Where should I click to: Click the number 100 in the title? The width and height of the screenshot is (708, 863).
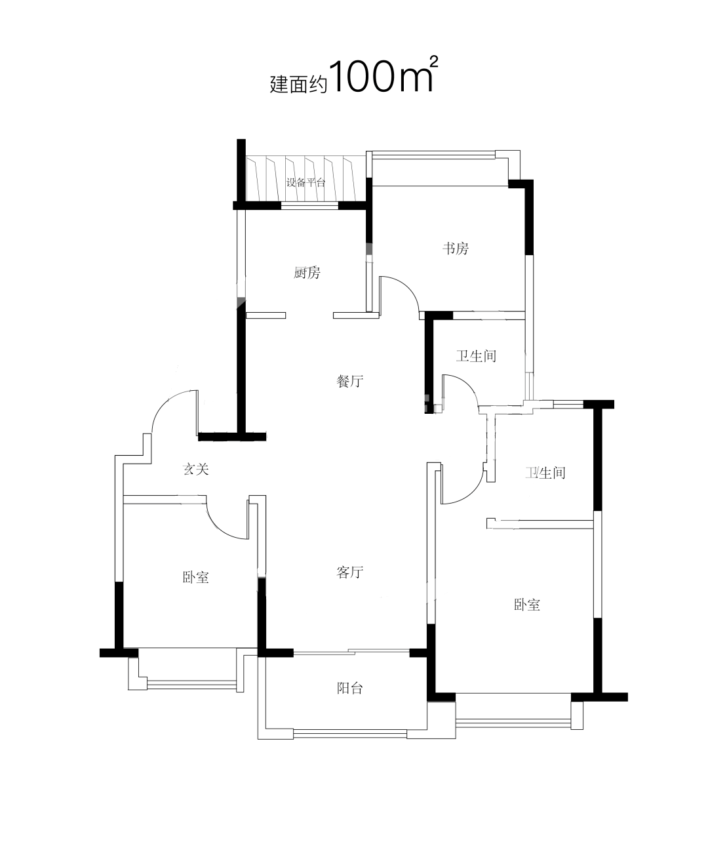(362, 77)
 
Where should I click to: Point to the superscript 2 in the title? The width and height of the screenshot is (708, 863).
(434, 62)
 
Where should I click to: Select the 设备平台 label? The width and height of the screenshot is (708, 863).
(305, 182)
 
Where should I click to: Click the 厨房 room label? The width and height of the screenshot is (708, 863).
(307, 273)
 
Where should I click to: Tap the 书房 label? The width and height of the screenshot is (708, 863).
(456, 249)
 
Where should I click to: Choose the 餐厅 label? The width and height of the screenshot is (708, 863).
(349, 381)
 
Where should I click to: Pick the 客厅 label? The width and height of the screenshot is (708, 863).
(349, 572)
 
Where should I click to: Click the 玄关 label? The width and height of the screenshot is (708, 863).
(195, 469)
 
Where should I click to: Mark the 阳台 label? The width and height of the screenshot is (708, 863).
(349, 689)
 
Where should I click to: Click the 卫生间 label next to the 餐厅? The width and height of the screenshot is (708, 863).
(476, 356)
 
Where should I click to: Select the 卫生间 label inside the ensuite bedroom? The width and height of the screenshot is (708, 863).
(545, 473)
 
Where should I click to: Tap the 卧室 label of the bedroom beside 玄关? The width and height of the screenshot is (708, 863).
(195, 578)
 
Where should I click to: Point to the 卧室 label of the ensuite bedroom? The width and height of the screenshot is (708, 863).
(527, 605)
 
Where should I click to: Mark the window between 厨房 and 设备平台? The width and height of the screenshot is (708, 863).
(309, 205)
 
